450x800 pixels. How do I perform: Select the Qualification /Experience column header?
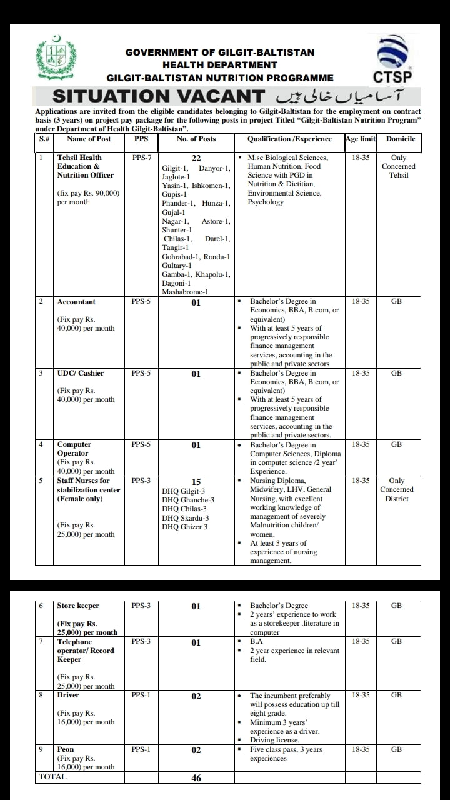289,139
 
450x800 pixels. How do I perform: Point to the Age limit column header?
360,139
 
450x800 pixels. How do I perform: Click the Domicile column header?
400,139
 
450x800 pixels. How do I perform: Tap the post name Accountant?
76,302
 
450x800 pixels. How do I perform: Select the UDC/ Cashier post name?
80,373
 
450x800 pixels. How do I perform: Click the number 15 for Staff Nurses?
196,482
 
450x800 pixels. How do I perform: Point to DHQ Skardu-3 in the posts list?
186,518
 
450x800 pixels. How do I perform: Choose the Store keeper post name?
78,606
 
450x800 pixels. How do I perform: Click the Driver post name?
68,695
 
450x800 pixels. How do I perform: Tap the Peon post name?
66,749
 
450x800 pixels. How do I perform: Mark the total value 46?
196,779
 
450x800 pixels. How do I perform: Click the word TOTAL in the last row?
52,777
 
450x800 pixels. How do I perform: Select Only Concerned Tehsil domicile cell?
398,166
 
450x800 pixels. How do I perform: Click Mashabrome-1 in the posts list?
185,292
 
